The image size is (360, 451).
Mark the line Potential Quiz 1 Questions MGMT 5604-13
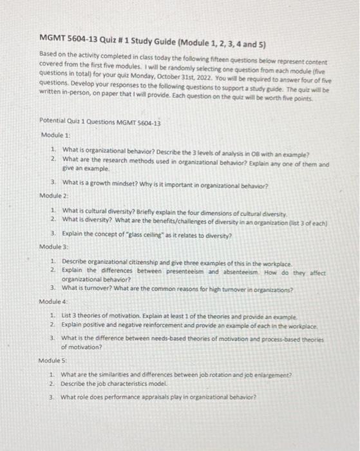pos(100,121)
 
